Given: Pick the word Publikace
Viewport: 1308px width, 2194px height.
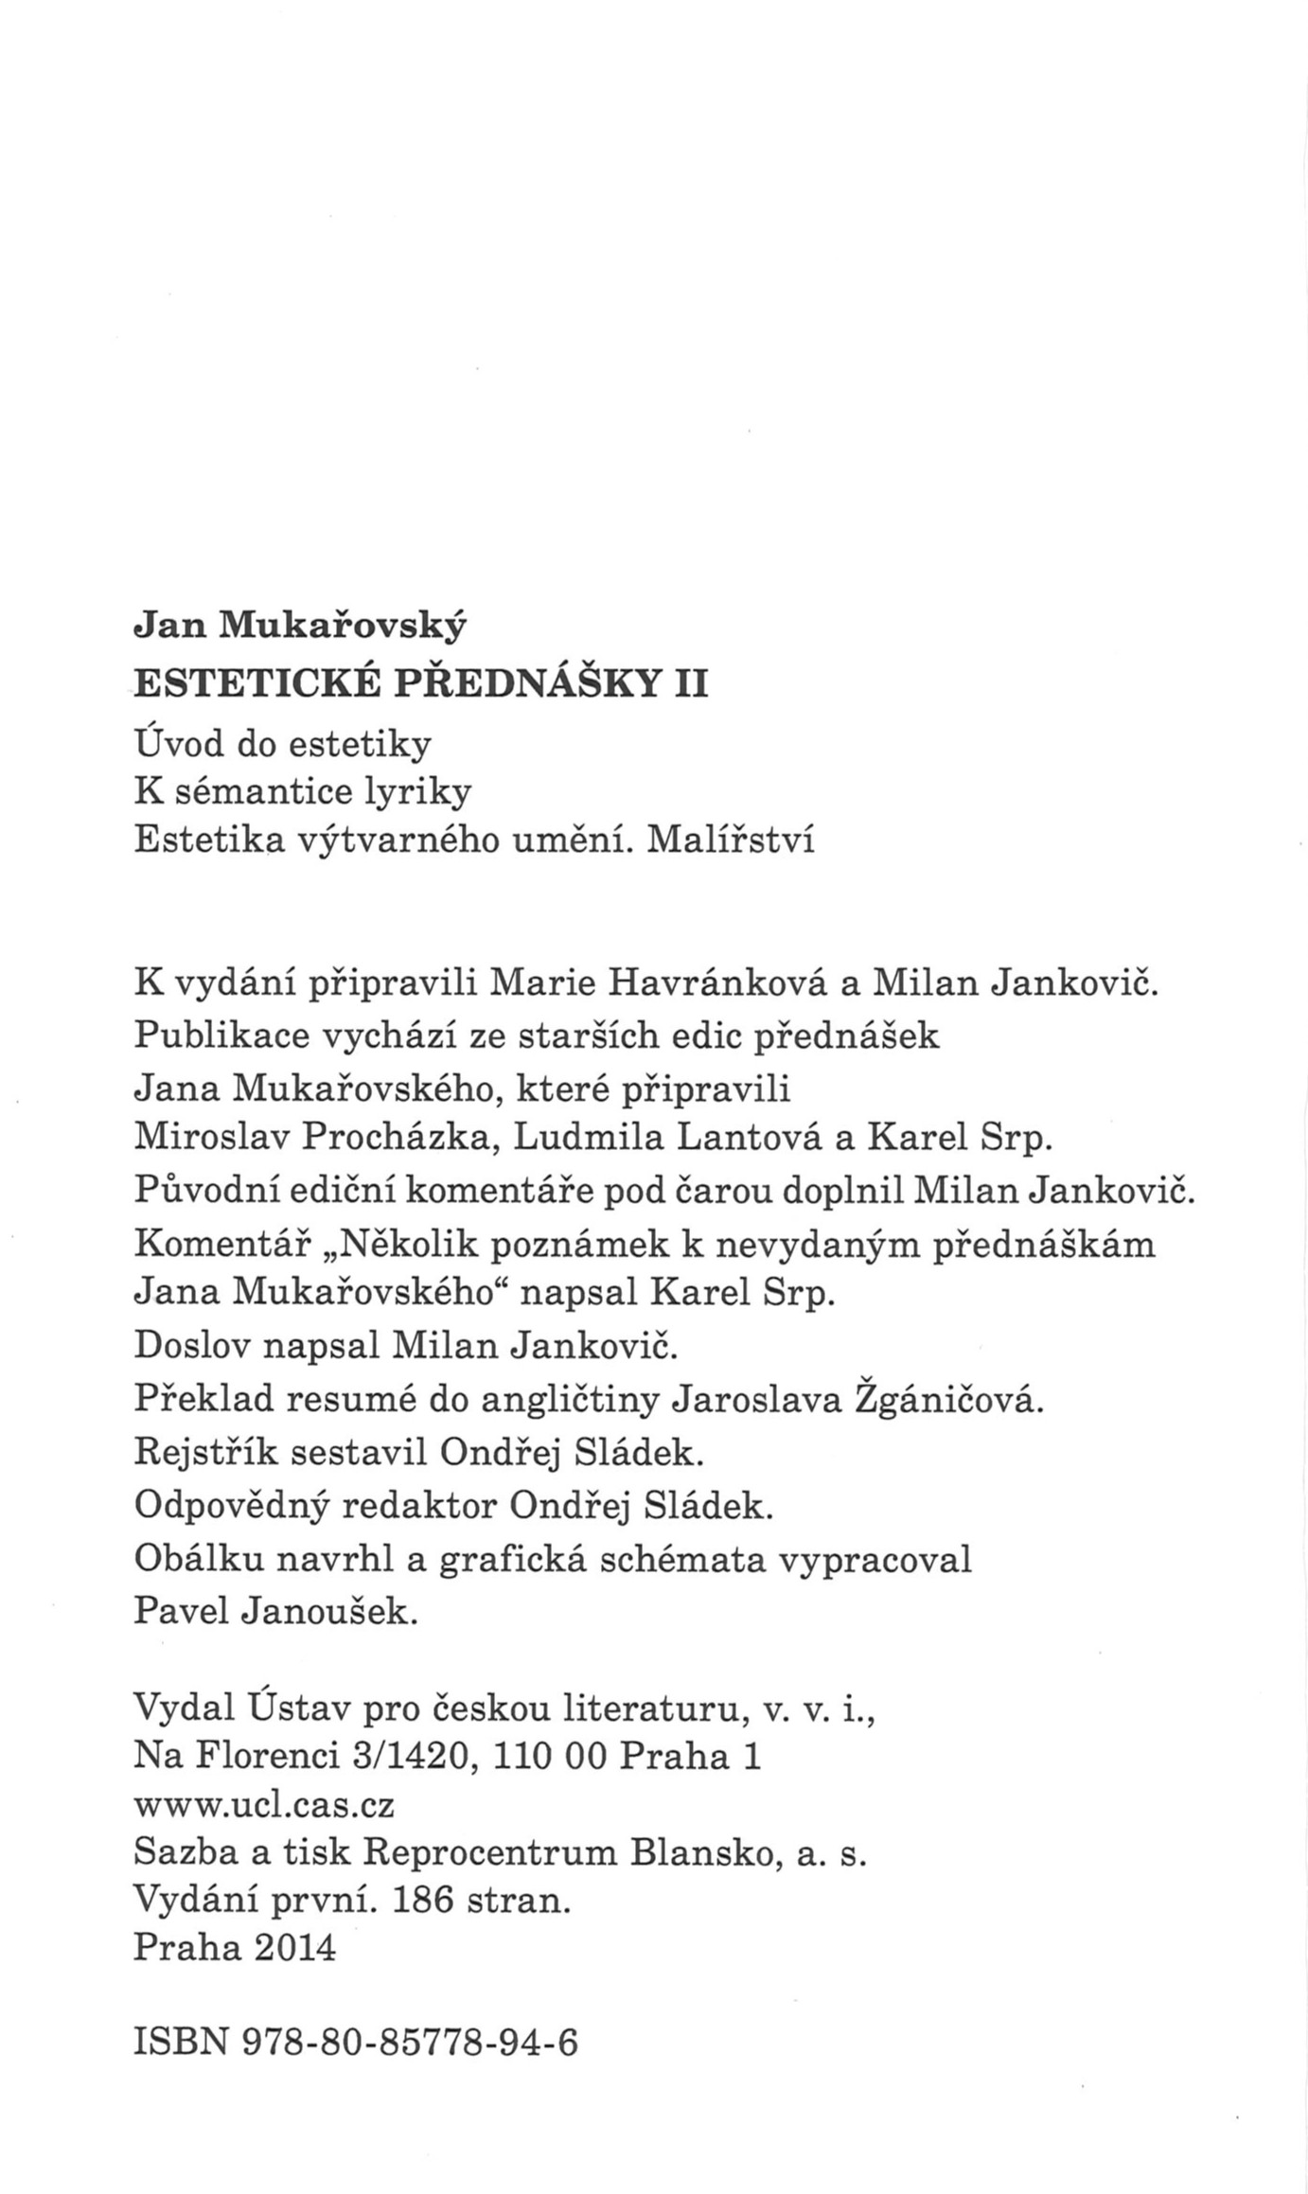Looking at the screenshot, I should click(221, 1035).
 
